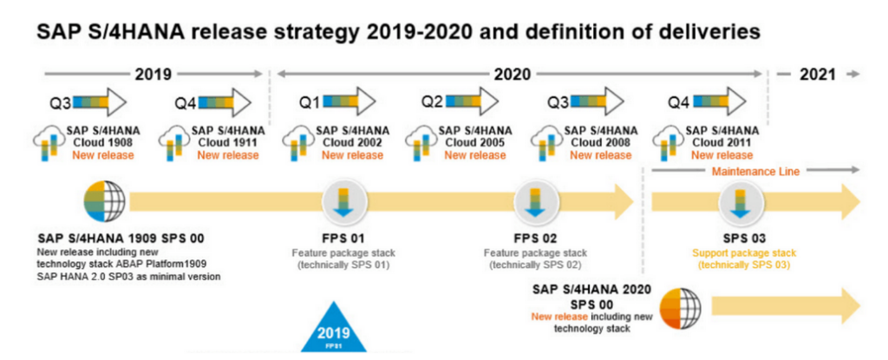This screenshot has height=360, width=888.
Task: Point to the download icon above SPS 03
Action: [739, 203]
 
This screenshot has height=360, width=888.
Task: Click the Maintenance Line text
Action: [754, 171]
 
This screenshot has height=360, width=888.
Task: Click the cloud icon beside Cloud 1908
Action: [46, 140]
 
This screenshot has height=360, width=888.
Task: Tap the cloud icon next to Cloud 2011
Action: [669, 140]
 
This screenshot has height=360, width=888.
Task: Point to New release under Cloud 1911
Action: [227, 155]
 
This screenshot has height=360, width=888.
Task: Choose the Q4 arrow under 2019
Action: [225, 101]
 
